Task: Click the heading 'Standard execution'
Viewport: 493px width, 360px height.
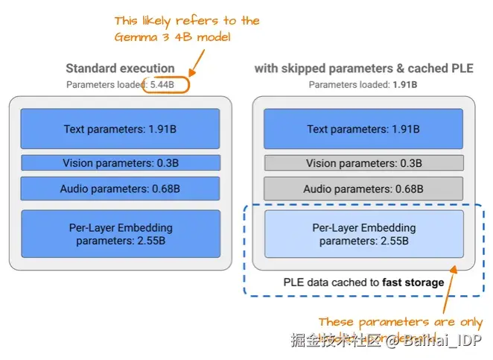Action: click(x=120, y=69)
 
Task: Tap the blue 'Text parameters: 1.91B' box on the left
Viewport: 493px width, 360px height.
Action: click(x=120, y=129)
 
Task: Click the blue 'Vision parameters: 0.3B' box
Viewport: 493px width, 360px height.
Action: click(x=120, y=163)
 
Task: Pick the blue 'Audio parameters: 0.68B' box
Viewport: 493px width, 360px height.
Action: click(x=120, y=189)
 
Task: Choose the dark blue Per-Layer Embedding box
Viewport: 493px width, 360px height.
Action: click(x=120, y=234)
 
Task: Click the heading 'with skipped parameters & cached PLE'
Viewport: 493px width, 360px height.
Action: click(x=363, y=69)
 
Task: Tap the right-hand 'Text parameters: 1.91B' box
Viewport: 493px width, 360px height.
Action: click(x=363, y=129)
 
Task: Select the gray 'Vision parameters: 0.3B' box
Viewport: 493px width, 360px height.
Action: click(x=363, y=163)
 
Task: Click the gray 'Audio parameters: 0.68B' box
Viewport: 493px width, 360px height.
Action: click(x=363, y=189)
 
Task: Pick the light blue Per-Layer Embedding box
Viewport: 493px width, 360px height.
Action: click(x=363, y=234)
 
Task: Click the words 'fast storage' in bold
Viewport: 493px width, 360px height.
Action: click(x=413, y=282)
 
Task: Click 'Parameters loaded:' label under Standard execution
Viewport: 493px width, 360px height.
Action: click(x=106, y=84)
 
